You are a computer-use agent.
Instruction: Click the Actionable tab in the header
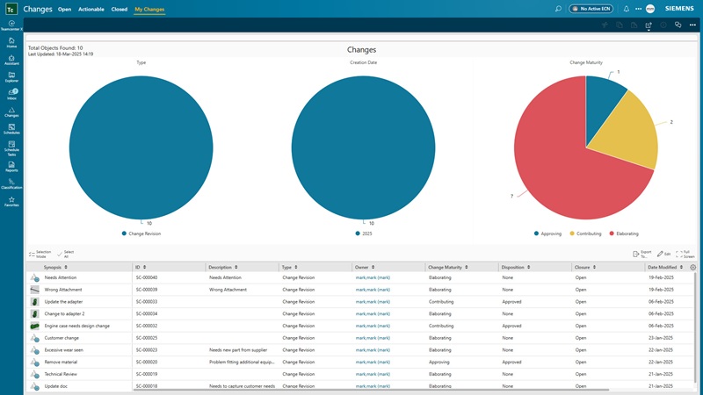click(x=91, y=9)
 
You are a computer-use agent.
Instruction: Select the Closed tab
click(x=119, y=9)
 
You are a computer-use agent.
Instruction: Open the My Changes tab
click(x=149, y=9)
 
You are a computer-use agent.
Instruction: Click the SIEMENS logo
click(x=679, y=9)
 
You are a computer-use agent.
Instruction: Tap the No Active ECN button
click(x=591, y=9)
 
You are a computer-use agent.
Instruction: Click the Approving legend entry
click(x=549, y=233)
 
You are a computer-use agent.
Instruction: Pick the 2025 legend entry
click(x=365, y=233)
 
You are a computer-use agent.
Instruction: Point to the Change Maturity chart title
click(x=585, y=62)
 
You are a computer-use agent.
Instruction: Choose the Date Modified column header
click(x=662, y=267)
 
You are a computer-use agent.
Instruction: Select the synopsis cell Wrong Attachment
click(x=64, y=289)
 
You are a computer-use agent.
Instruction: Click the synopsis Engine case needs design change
click(x=76, y=326)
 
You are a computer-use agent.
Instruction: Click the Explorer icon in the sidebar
click(x=11, y=77)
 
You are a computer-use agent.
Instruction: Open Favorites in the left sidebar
click(x=11, y=202)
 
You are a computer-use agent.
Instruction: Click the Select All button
click(x=69, y=254)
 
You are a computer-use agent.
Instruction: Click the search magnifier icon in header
click(x=558, y=9)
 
